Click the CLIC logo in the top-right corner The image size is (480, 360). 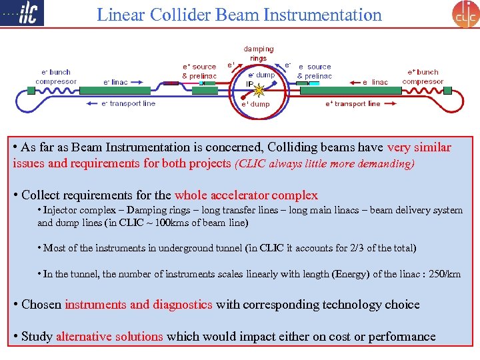tap(465, 14)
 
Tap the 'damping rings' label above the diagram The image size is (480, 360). tap(258, 53)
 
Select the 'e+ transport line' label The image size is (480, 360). tap(353, 103)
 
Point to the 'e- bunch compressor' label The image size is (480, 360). tap(56, 77)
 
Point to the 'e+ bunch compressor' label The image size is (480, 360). tap(423, 77)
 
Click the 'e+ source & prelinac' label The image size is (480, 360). tap(199, 71)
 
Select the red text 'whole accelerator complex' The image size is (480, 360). tap(246, 195)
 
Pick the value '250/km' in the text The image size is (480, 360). tap(444, 274)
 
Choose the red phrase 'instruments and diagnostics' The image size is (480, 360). tap(139, 305)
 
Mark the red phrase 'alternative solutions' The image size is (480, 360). tap(109, 337)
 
